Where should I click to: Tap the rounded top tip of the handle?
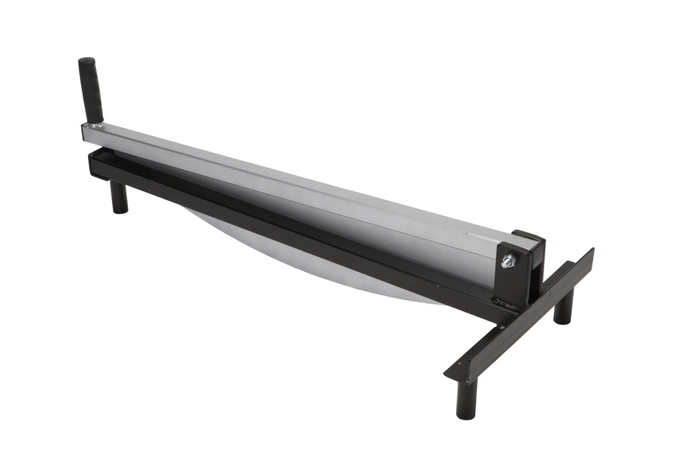(86, 61)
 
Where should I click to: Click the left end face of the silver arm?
(85, 134)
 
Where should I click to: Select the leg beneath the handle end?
(119, 197)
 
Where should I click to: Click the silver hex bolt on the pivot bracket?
(508, 261)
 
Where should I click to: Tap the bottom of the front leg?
(466, 415)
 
